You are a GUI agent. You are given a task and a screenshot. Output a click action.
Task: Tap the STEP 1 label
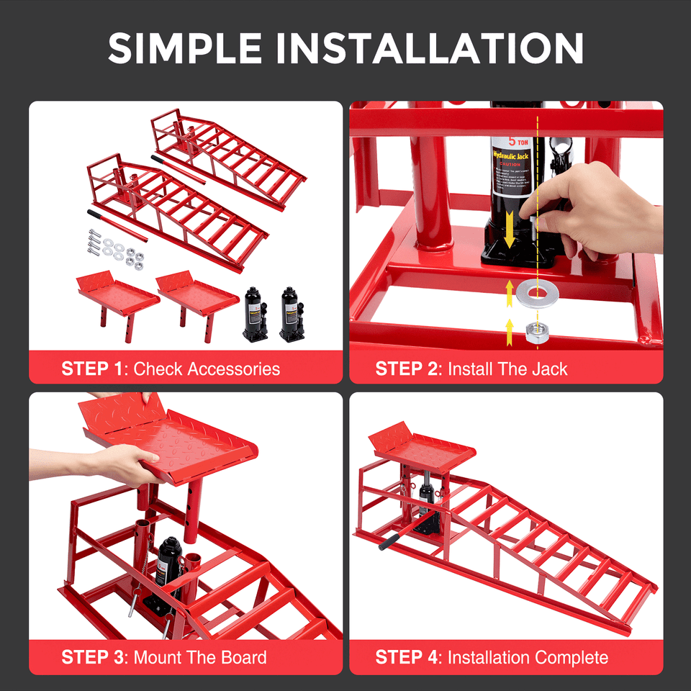click(93, 369)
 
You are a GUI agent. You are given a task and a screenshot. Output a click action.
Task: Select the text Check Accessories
click(207, 369)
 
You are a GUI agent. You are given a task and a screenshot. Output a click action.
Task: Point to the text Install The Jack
click(507, 369)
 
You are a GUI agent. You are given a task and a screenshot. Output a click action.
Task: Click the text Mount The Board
click(200, 657)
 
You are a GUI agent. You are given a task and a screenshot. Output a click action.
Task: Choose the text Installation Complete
click(528, 657)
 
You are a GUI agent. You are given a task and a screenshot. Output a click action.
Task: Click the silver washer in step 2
click(535, 292)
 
